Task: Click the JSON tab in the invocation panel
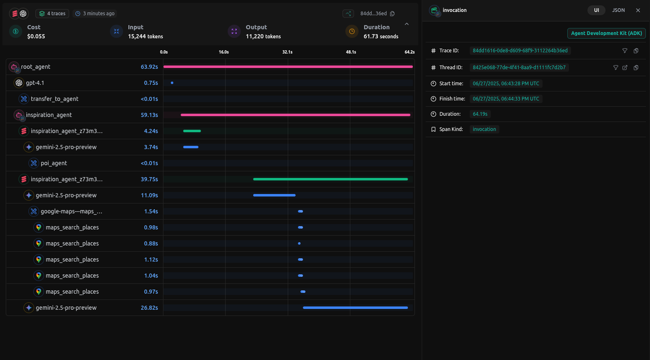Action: (618, 10)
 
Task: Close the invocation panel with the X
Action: (638, 10)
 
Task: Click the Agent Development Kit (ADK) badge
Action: (606, 33)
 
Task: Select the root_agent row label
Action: (35, 67)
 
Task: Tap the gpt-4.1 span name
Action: (35, 83)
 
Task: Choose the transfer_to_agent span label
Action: (54, 99)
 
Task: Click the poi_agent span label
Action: (54, 163)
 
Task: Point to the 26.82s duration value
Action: (149, 308)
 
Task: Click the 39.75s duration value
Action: (149, 179)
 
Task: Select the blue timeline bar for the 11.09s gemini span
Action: (274, 195)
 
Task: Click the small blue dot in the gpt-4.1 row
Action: (172, 83)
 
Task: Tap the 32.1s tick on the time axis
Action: (287, 52)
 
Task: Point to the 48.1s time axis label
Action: (351, 52)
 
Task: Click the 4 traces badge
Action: (52, 14)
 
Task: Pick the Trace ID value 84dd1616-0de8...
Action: (520, 51)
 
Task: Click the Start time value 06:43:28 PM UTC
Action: (506, 84)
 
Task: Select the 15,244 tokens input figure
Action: (145, 37)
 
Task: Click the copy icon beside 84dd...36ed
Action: (392, 14)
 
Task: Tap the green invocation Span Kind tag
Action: (484, 129)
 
